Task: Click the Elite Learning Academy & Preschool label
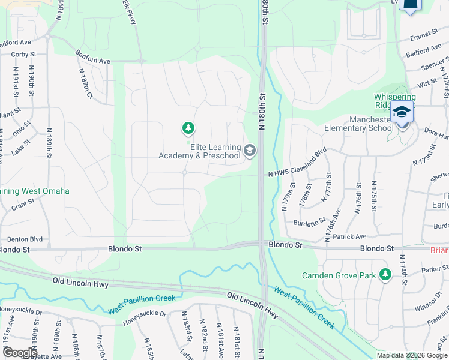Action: [199, 151]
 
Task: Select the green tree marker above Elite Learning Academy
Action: [188, 128]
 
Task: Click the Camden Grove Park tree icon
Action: [385, 275]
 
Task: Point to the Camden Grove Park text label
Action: [339, 275]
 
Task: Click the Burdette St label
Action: [309, 223]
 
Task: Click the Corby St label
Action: [24, 54]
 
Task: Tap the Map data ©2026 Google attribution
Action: [411, 355]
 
